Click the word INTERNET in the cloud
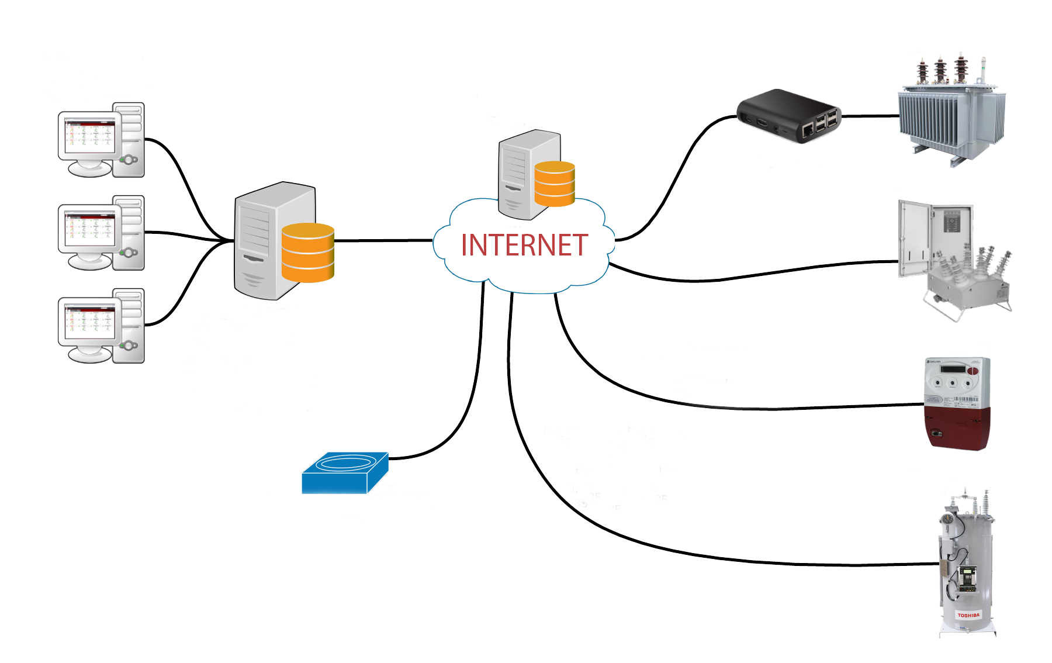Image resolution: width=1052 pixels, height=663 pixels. click(524, 246)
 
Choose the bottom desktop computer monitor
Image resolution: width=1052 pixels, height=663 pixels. click(89, 323)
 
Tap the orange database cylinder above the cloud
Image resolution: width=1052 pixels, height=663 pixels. click(555, 184)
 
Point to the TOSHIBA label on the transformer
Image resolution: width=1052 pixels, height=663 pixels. click(968, 616)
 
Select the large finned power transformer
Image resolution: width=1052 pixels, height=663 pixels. click(951, 117)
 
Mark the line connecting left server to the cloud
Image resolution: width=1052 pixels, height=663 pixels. click(383, 240)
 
